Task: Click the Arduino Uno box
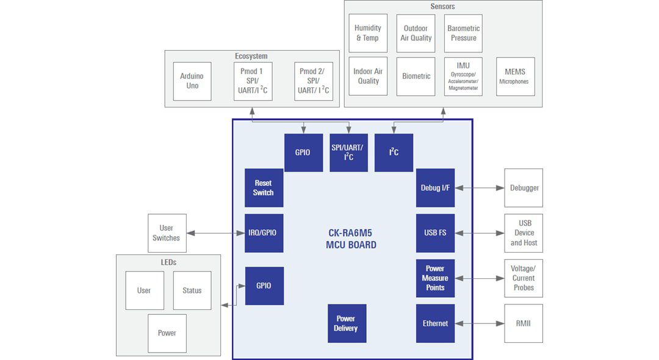[x=192, y=81]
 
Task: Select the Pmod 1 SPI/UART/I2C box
[x=253, y=81]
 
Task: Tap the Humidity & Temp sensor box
[x=368, y=33]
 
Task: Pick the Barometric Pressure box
[x=463, y=33]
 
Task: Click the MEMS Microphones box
[x=515, y=76]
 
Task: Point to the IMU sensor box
[x=463, y=76]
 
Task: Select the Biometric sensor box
[x=416, y=76]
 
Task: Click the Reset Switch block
[x=264, y=188]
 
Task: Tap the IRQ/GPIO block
[x=264, y=233]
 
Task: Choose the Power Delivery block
[x=347, y=323]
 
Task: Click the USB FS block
[x=435, y=233]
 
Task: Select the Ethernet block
[x=435, y=323]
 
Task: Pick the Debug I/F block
[x=435, y=188]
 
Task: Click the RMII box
[x=523, y=323]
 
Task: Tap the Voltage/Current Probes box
[x=523, y=278]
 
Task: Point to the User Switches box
[x=166, y=233]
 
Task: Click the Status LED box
[x=192, y=290]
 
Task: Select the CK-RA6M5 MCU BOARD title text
[x=351, y=239]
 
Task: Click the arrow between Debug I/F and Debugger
[x=480, y=188]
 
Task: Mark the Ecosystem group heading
[x=251, y=56]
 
